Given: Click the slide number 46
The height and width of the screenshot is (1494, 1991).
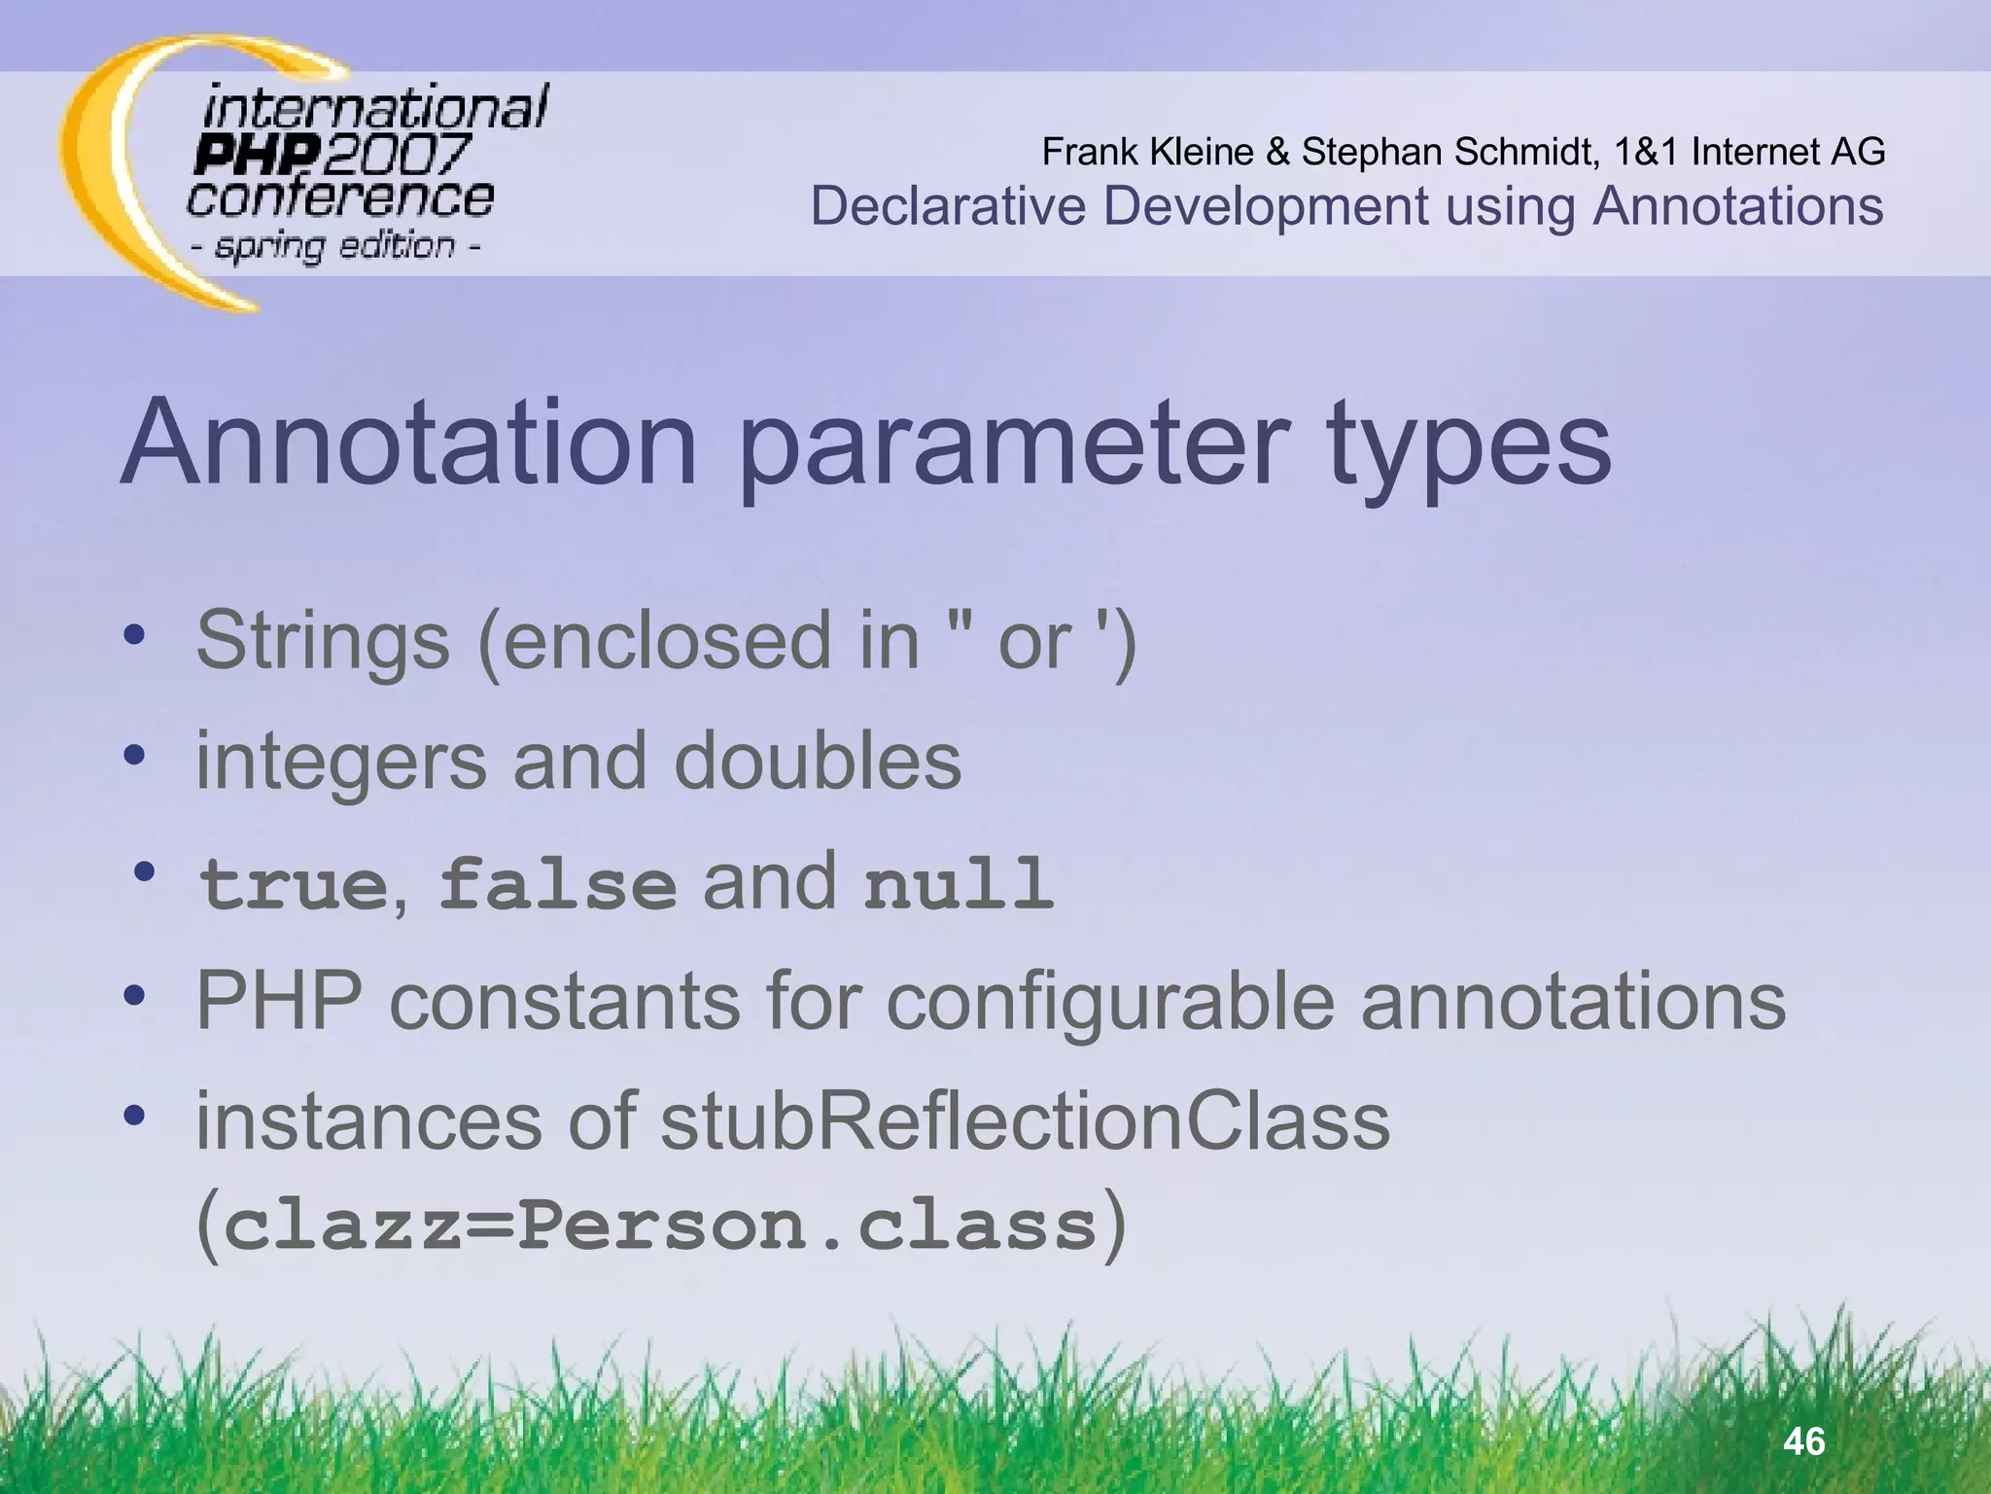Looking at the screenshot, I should (1804, 1441).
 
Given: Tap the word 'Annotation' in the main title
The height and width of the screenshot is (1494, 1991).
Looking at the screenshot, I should (408, 444).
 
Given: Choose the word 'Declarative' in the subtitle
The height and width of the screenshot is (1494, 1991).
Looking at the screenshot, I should (948, 206).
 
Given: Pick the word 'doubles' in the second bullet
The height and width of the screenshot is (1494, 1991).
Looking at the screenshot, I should (817, 761).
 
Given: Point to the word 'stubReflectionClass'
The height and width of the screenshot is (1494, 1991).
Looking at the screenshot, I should (1025, 1120).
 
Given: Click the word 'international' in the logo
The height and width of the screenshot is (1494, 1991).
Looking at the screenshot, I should (375, 107).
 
